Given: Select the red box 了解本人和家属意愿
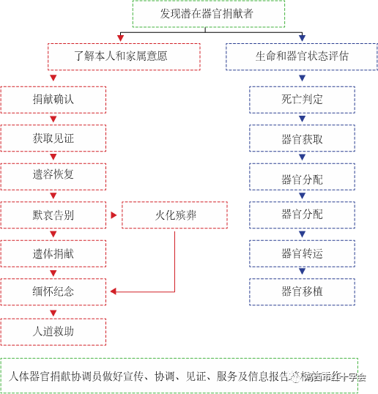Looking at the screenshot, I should click(124, 56).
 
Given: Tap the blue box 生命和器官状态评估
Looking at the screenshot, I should click(302, 56).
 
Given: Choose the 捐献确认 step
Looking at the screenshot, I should click(53, 100).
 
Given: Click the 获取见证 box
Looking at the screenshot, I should click(53, 138).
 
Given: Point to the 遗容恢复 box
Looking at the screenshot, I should click(53, 176).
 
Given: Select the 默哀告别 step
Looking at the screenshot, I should click(53, 215).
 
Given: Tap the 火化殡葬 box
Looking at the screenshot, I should click(174, 215).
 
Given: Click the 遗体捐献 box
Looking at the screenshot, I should click(53, 253).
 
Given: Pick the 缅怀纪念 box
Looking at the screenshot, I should click(53, 291).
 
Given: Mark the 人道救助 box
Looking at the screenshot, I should click(53, 331).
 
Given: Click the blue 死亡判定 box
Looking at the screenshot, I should click(302, 100).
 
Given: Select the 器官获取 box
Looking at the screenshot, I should click(302, 138).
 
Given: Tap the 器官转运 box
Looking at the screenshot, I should click(302, 253).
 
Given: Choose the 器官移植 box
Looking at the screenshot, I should click(302, 291).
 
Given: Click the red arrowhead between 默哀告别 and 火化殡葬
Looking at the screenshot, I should click(114, 215).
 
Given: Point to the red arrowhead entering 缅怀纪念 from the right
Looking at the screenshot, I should click(113, 291).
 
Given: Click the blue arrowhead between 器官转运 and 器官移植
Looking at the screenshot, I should click(302, 272).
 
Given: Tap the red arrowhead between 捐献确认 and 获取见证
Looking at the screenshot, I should click(53, 119).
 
